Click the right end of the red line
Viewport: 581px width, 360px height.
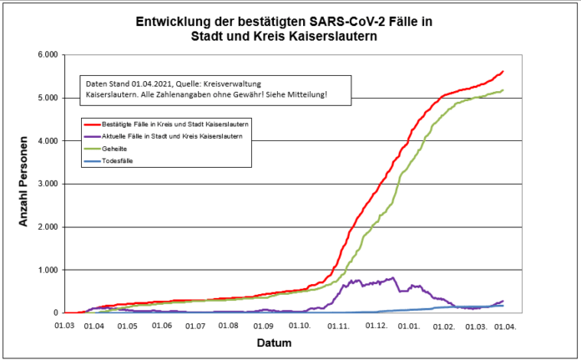(x=503, y=72)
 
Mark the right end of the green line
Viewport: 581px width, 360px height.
(x=503, y=90)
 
